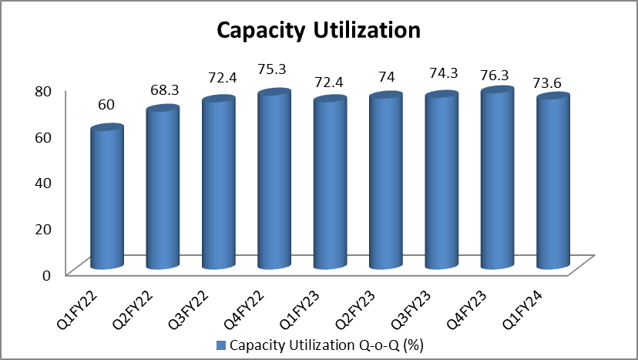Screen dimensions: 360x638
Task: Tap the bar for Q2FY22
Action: (x=163, y=188)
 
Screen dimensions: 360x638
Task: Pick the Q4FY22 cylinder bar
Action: (x=274, y=180)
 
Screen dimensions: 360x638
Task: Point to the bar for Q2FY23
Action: (x=385, y=182)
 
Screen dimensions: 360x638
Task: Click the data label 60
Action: (x=107, y=103)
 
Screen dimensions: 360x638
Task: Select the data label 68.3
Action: (x=163, y=89)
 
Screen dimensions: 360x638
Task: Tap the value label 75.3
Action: (x=274, y=69)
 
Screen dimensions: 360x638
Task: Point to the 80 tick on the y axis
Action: (x=42, y=90)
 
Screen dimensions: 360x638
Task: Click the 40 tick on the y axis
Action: (x=42, y=182)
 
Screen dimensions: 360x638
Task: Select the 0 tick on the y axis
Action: (x=46, y=274)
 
